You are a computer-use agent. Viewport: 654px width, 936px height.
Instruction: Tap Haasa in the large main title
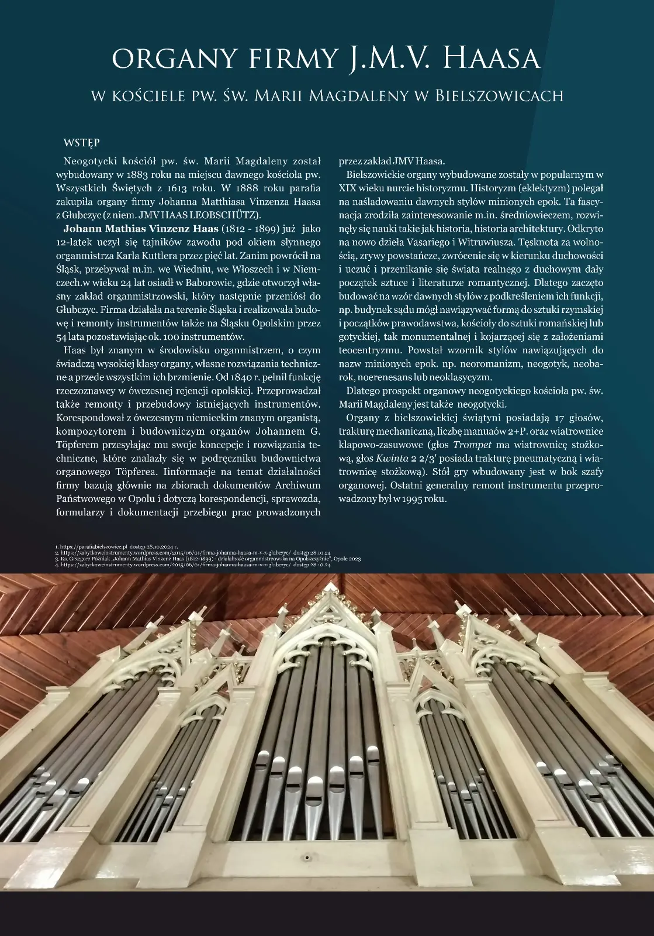489,58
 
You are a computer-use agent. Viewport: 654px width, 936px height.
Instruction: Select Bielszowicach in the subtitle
499,95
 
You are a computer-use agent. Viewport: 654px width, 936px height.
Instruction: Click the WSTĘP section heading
81,143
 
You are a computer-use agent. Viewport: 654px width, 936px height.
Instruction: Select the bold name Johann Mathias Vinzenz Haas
141,228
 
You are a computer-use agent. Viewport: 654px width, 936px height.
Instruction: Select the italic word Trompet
472,445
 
